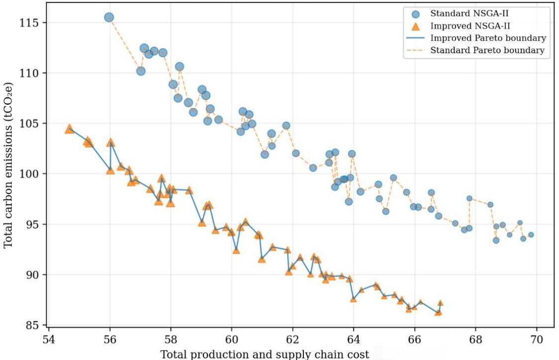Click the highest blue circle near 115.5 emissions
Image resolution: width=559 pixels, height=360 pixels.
pyautogui.click(x=109, y=17)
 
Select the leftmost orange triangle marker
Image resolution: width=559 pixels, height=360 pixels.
pyautogui.click(x=69, y=129)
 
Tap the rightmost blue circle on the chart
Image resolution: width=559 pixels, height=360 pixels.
pyautogui.click(x=531, y=235)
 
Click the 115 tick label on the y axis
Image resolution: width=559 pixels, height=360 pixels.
pyautogui.click(x=29, y=23)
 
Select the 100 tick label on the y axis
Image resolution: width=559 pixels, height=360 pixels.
pyautogui.click(x=29, y=174)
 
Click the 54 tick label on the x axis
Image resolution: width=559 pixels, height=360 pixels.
pyautogui.click(x=49, y=339)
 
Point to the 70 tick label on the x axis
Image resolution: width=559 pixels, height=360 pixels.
pyautogui.click(x=537, y=339)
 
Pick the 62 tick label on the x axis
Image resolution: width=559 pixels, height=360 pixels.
pyautogui.click(x=293, y=339)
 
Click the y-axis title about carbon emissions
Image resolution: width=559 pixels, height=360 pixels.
pyautogui.click(x=8, y=166)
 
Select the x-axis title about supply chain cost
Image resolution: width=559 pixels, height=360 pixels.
pyautogui.click(x=265, y=355)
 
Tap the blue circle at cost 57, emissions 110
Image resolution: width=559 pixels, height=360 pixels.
pyautogui.click(x=141, y=71)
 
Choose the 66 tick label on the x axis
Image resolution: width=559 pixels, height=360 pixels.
pyautogui.click(x=415, y=339)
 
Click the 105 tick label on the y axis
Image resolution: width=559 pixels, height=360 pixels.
pyautogui.click(x=29, y=123)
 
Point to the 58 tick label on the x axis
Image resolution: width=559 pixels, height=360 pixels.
pyautogui.click(x=171, y=339)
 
